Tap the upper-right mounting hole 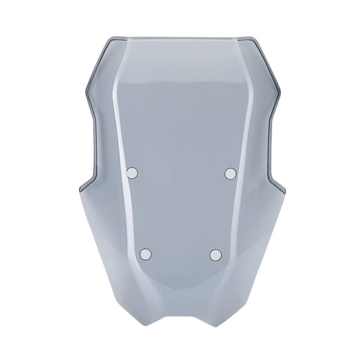230,174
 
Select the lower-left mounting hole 145,254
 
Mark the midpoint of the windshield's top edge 180,34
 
